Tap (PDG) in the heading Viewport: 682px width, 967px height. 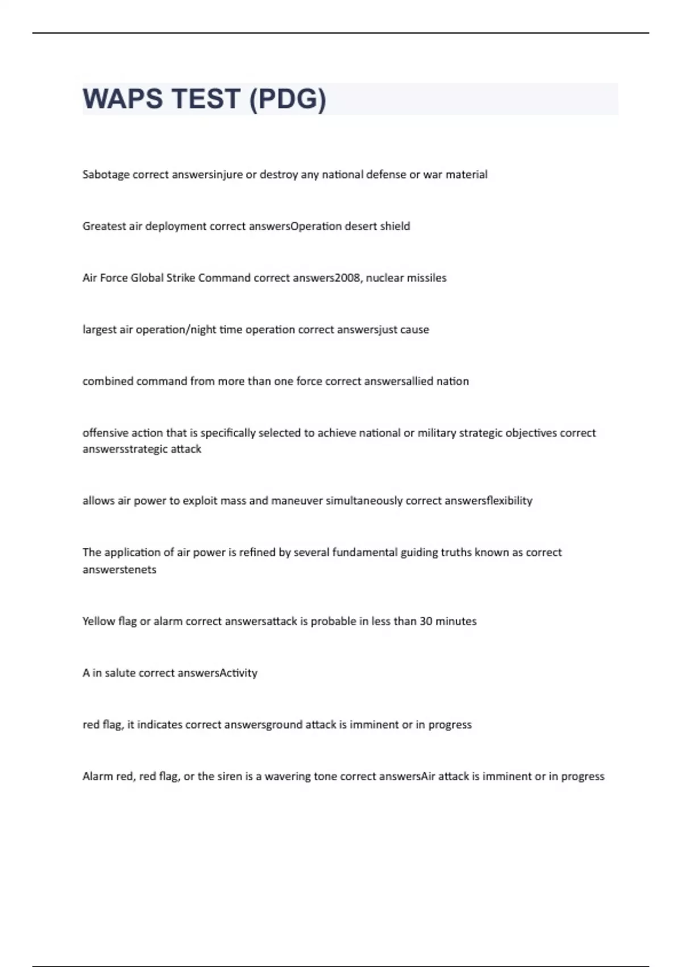tap(288, 99)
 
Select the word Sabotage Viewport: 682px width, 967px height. tap(106, 175)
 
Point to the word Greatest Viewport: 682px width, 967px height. tap(104, 226)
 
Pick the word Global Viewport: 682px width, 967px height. tap(147, 278)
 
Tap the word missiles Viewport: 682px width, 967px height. tap(426, 278)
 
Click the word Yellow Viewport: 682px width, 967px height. tap(98, 621)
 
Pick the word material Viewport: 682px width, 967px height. tap(466, 175)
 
